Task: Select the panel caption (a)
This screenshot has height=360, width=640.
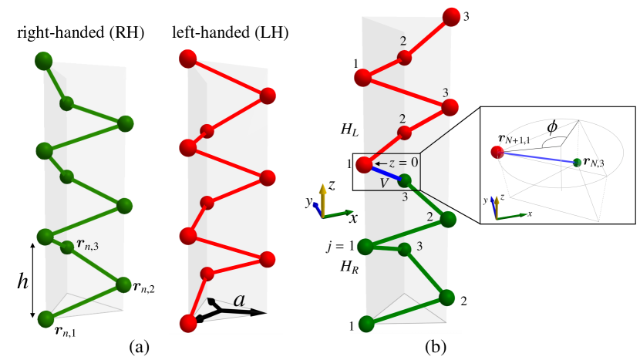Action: click(x=139, y=347)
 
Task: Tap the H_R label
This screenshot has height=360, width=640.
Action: click(x=351, y=264)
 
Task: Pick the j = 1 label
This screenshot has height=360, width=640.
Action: click(x=340, y=247)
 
